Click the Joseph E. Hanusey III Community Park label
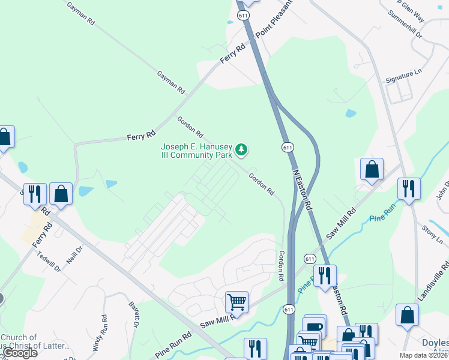(x=196, y=151)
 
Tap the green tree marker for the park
(x=241, y=149)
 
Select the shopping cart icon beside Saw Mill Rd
(x=237, y=302)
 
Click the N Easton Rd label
(x=303, y=188)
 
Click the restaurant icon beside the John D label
(x=409, y=188)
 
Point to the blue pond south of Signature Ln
(x=351, y=113)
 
